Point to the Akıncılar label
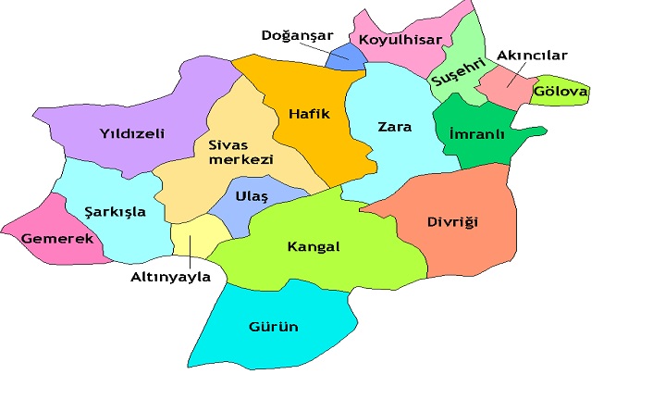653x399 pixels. [532, 56]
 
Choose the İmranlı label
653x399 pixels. [476, 134]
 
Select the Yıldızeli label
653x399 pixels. [132, 134]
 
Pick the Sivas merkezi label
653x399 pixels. [234, 152]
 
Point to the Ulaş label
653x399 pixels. [252, 196]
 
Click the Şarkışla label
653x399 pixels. [115, 211]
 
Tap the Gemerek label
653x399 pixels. [58, 239]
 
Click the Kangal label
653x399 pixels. [314, 247]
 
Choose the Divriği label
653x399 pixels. [451, 222]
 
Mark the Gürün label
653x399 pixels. [274, 327]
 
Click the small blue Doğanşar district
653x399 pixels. [346, 57]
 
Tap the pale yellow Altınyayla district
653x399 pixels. [197, 237]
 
